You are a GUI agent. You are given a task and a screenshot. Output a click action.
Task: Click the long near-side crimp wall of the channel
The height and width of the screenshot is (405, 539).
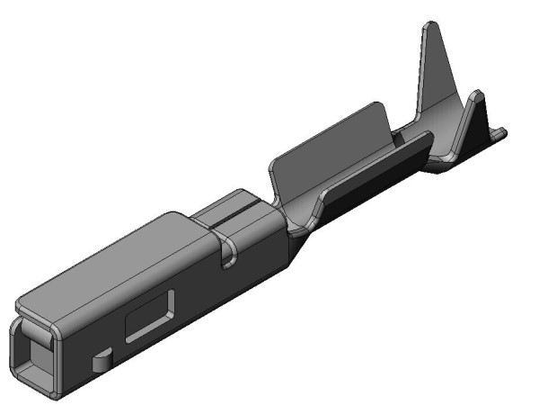pos(368,175)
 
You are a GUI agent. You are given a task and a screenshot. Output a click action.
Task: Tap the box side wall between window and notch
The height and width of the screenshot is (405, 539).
pos(193,288)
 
